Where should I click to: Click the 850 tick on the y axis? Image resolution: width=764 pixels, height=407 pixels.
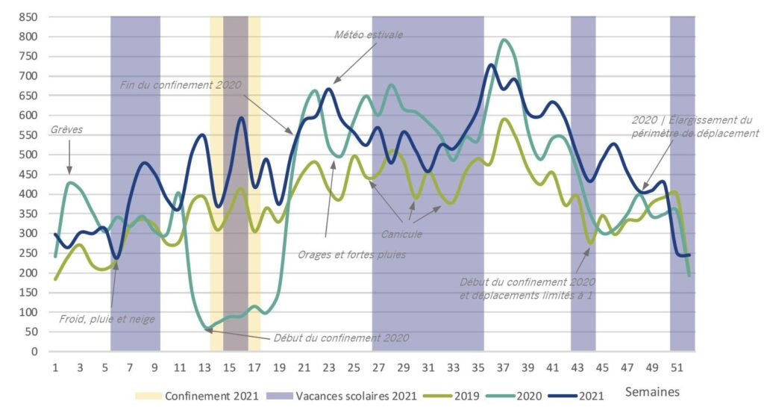(28, 16)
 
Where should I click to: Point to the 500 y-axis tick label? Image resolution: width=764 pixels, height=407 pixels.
(28, 155)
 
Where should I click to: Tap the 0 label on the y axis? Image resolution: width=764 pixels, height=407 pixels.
(34, 351)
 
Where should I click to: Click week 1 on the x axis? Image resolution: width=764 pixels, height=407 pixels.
(55, 367)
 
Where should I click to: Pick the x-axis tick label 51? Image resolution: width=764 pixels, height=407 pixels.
(677, 367)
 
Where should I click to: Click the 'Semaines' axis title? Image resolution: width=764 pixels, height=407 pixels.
(652, 391)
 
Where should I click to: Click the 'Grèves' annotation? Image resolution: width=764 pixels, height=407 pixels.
(66, 129)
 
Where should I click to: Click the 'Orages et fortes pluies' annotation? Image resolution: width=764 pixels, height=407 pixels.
(351, 254)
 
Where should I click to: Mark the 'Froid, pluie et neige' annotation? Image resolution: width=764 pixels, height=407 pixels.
(107, 320)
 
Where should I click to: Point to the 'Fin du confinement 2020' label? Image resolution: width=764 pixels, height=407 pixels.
(181, 84)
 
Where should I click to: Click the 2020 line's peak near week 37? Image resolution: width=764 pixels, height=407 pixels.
(505, 40)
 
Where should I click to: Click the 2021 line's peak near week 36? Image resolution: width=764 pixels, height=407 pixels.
(490, 65)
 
